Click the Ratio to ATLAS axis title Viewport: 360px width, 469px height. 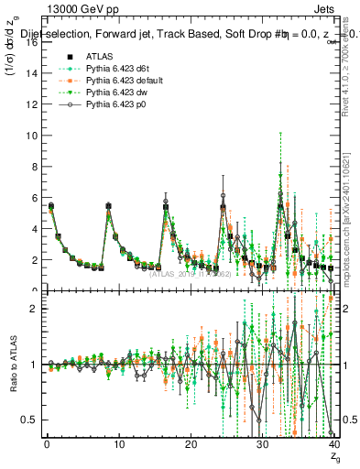point(13,365)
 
